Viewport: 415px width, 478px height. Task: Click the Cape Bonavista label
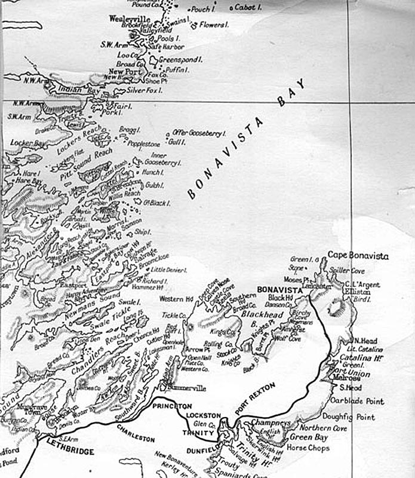coord(358,256)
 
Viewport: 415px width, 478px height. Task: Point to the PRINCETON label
coord(172,406)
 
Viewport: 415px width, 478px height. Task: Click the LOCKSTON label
coord(204,415)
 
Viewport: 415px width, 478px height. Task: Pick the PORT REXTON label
coord(256,397)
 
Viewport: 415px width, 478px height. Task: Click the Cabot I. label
coord(247,7)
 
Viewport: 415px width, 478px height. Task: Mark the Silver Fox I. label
coord(146,90)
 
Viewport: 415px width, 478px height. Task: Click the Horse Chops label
coord(309,448)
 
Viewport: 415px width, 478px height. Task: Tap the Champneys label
coord(270,422)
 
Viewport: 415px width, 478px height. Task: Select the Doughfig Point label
coord(349,417)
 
